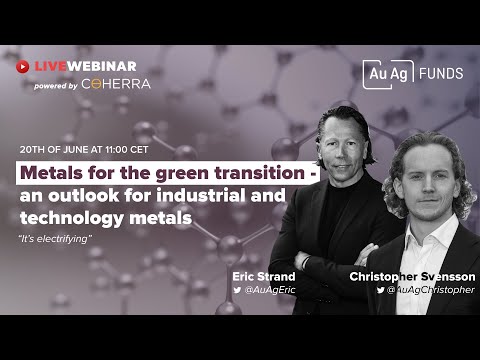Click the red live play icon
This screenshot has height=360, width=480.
click(x=24, y=66)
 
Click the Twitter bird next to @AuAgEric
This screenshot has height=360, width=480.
click(x=237, y=289)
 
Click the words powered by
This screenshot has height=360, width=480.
click(x=56, y=85)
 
